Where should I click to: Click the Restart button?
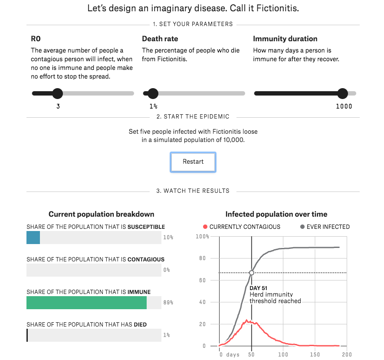coord(193,162)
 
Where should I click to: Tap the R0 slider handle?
coord(57,93)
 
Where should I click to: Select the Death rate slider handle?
coord(153,93)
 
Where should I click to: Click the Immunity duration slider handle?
coord(342,93)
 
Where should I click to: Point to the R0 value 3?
coord(58,106)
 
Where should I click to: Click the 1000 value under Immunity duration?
coord(344,106)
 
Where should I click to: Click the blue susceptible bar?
coord(33,238)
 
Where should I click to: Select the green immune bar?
coord(86,303)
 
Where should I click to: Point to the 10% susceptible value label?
coord(168,238)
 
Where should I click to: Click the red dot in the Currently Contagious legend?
coord(205,227)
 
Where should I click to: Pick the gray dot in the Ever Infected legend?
coord(302,227)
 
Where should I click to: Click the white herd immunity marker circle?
coord(252,273)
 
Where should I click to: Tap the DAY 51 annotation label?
coord(258,288)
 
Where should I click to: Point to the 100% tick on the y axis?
coord(203,237)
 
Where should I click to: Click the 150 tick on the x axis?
coord(315,354)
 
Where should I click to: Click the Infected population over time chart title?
coord(276,214)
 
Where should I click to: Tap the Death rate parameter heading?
coord(160,39)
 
